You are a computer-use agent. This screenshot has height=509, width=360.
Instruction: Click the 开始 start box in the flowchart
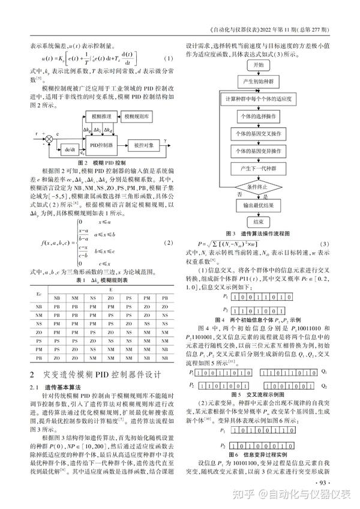(259, 64)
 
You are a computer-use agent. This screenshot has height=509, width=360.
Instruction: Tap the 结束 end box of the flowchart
(259, 220)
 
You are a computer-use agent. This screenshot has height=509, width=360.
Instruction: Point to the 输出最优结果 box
(259, 205)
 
